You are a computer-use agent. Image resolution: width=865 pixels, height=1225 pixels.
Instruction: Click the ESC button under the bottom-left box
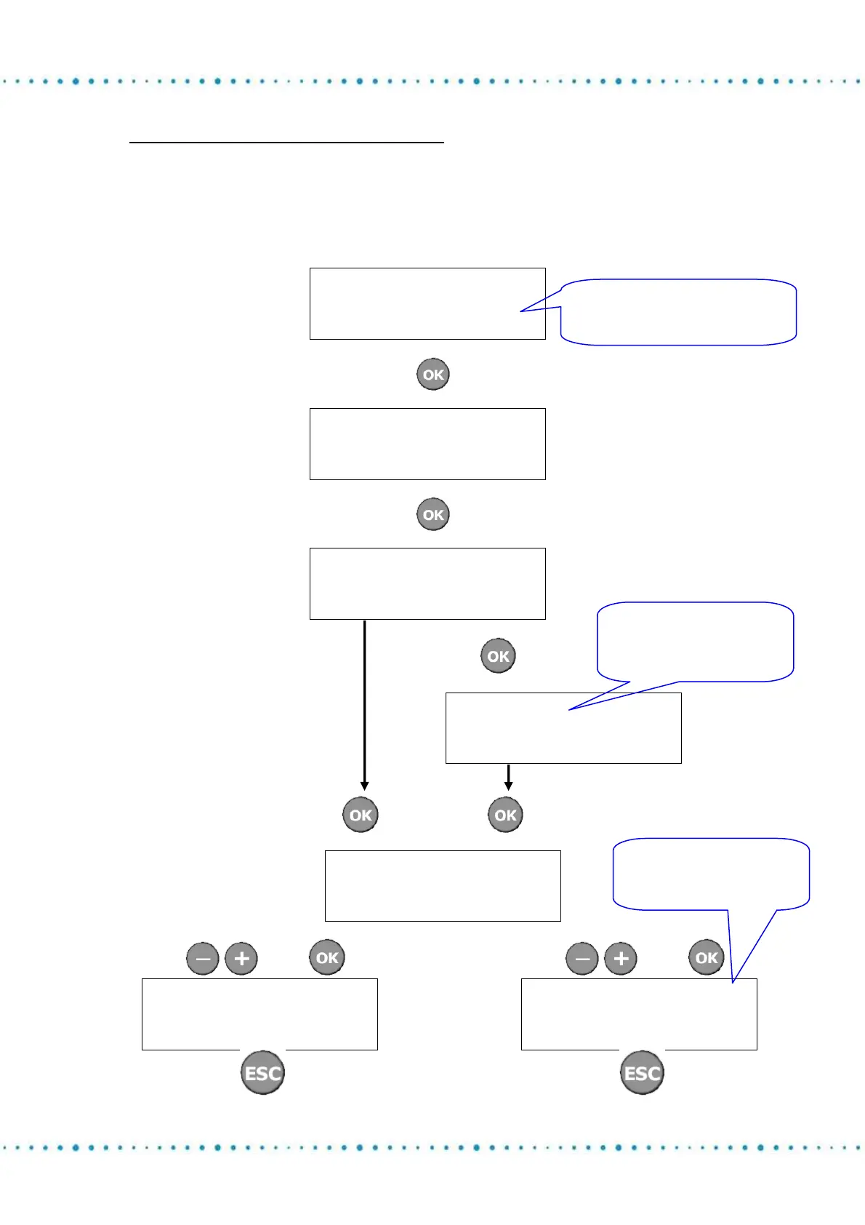pyautogui.click(x=262, y=1072)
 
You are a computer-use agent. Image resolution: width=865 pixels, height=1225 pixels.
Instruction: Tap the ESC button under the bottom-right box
pyautogui.click(x=642, y=1072)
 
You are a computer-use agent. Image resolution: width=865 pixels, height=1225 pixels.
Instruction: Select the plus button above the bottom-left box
pyautogui.click(x=241, y=958)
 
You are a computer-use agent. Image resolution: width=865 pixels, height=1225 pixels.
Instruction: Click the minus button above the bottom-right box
pyautogui.click(x=582, y=958)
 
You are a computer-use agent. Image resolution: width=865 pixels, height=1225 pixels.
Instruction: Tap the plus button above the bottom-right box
pyautogui.click(x=621, y=958)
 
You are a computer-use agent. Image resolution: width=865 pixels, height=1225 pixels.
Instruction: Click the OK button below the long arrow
pyautogui.click(x=361, y=815)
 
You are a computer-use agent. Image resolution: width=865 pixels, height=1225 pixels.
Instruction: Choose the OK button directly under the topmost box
pyautogui.click(x=433, y=375)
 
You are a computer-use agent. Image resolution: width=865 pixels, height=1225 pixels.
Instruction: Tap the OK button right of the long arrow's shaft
pyautogui.click(x=498, y=656)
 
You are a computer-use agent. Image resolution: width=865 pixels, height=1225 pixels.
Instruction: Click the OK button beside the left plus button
pyautogui.click(x=327, y=957)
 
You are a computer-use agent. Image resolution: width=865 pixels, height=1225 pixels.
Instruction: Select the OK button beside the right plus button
pyautogui.click(x=707, y=957)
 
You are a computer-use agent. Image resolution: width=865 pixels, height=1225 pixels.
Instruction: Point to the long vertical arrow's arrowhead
pyautogui.click(x=364, y=786)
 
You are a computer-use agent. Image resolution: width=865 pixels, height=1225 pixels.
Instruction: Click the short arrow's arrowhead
pyautogui.click(x=508, y=786)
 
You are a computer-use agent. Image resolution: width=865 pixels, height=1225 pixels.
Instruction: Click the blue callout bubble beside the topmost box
pyautogui.click(x=678, y=312)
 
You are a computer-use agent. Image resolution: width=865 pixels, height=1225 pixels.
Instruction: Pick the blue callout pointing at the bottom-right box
pyautogui.click(x=711, y=874)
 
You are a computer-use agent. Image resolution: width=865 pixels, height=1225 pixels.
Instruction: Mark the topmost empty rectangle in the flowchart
pyautogui.click(x=427, y=303)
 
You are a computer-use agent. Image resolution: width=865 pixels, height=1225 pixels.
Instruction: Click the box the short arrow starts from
pyautogui.click(x=563, y=728)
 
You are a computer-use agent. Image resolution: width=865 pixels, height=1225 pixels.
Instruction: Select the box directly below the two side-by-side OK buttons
pyautogui.click(x=443, y=886)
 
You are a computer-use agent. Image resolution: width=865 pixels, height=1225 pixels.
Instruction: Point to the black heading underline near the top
pyautogui.click(x=286, y=143)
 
